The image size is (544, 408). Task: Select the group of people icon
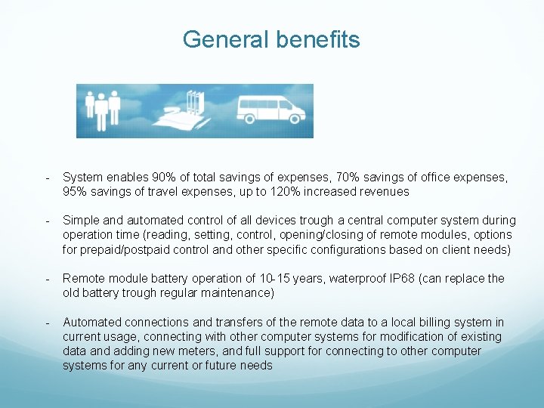coord(103,110)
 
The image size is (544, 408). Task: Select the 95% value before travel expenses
coord(76,192)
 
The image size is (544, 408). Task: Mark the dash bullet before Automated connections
coord(48,323)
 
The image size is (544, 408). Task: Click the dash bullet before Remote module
coord(48,279)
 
